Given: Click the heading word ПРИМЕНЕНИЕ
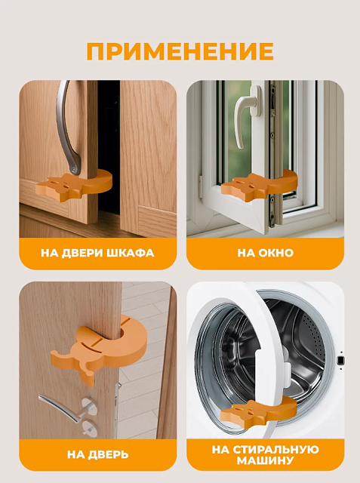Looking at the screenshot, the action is tap(180, 51).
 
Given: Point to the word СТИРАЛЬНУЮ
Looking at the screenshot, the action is tap(276, 450).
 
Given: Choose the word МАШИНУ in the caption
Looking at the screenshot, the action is tap(265, 461).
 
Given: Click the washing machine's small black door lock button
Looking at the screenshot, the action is tap(340, 360).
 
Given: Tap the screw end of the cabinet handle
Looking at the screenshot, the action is tap(73, 168).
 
